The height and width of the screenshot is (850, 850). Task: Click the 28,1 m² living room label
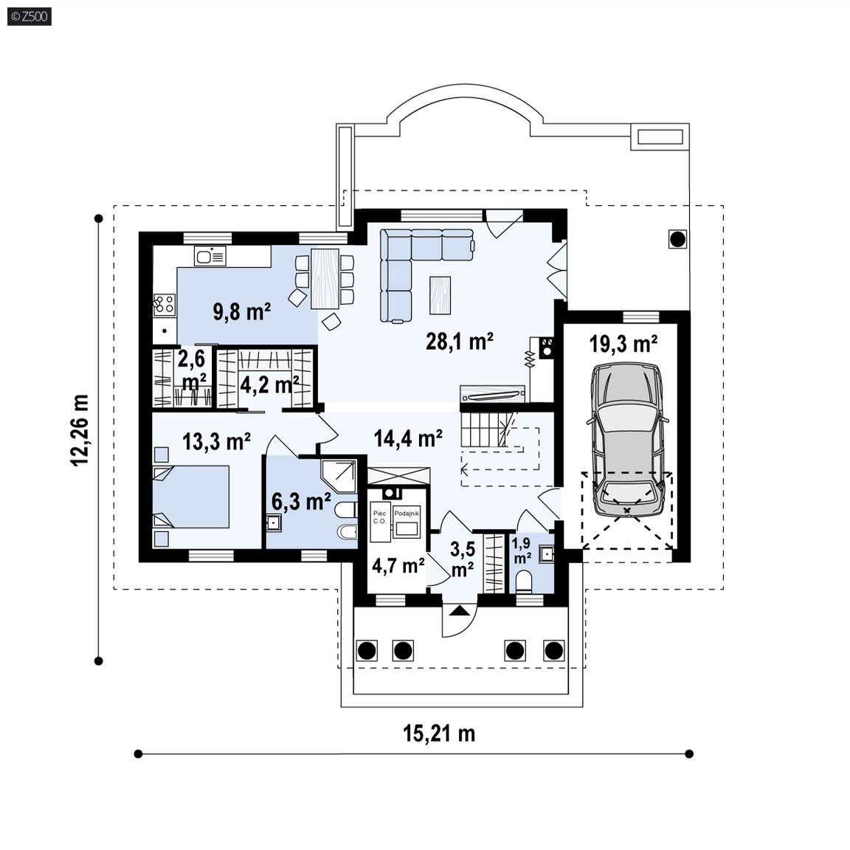(459, 342)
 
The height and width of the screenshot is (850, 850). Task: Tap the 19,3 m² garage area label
(623, 344)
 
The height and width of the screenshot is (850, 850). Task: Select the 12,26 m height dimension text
(79, 430)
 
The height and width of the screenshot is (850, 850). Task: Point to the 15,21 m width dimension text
(439, 733)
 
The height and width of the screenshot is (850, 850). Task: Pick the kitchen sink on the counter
(210, 256)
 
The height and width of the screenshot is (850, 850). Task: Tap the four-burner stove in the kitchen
(165, 305)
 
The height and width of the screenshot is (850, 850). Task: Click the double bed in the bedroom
(191, 497)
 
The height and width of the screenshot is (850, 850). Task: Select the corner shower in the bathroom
(339, 477)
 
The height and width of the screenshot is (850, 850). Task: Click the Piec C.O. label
(379, 517)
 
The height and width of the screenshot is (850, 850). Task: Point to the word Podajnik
(407, 514)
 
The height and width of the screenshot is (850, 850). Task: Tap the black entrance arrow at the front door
(459, 611)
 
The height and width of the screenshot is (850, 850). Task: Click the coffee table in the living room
(440, 295)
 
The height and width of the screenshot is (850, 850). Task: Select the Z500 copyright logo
(30, 16)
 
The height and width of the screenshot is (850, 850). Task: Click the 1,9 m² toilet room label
(522, 550)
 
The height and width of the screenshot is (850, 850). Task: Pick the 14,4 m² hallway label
(408, 438)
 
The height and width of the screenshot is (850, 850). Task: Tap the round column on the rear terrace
(677, 238)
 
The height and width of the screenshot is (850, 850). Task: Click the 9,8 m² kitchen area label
(242, 311)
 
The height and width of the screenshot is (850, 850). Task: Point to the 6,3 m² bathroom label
(301, 502)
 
